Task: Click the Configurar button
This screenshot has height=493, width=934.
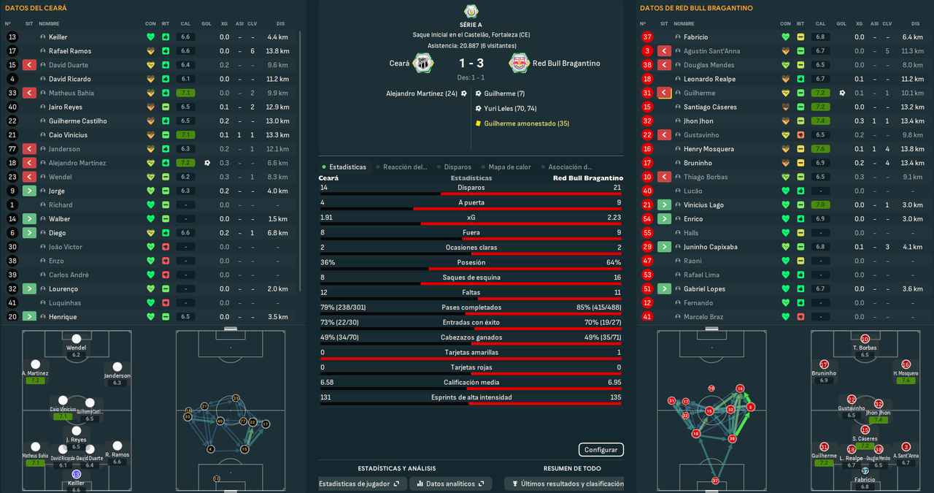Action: (601, 450)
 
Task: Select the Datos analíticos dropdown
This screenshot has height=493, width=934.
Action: (449, 484)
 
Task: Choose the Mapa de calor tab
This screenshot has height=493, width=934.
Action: (508, 167)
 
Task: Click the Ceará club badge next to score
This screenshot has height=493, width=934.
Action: (423, 64)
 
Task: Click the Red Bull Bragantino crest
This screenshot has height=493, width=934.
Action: (520, 64)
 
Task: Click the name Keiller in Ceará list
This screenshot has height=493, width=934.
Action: (58, 37)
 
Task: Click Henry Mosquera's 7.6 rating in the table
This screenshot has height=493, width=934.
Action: (821, 149)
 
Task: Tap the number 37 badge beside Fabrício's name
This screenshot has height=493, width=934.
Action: (647, 37)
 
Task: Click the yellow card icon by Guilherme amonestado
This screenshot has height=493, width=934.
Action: (478, 123)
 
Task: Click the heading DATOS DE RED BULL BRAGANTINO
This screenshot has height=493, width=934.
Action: (695, 8)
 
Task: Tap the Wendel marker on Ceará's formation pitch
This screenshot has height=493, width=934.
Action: (77, 339)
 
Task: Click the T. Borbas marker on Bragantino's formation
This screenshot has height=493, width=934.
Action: (865, 340)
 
